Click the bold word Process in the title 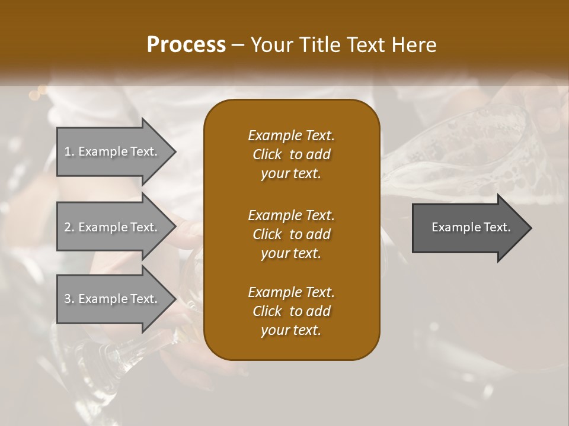click(186, 45)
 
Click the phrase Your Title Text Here click(344, 45)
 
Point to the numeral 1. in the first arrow click(69, 151)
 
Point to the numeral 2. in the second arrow click(69, 227)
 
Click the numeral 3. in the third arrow click(69, 299)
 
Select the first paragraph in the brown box click(291, 154)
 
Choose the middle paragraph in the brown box click(291, 234)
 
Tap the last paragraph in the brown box click(291, 311)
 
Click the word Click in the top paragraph click(267, 154)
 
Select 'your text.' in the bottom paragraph click(291, 331)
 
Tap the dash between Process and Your click(238, 45)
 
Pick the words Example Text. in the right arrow click(471, 227)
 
